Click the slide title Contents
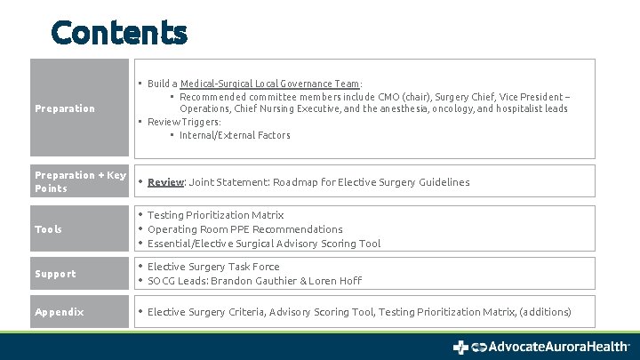coord(119,32)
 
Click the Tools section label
coord(48,229)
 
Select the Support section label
coord(55,274)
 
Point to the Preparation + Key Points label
coord(80,181)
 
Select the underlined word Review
coord(165,182)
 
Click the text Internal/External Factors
coord(235,135)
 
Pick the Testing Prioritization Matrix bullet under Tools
coord(215,215)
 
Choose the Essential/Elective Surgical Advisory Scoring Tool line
coord(264,244)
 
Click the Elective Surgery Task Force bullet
coord(213,267)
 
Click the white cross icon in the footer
coord(460,347)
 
